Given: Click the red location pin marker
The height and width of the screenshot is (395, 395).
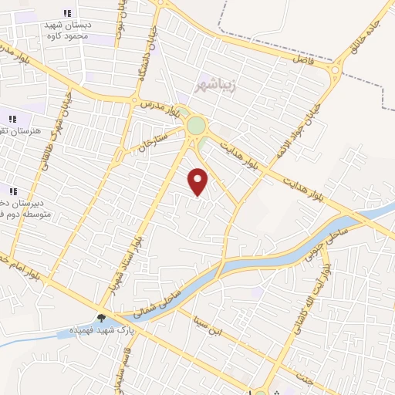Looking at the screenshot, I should pyautogui.click(x=198, y=181).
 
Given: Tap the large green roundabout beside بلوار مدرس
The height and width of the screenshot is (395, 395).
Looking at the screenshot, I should pyautogui.click(x=197, y=125).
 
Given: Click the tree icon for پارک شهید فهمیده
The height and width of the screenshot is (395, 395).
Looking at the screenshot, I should pyautogui.click(x=101, y=318).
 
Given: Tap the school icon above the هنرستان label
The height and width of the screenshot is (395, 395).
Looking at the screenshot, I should pyautogui.click(x=12, y=119).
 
